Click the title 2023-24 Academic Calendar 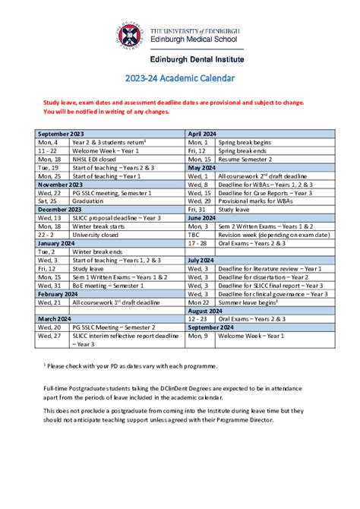(x=180, y=77)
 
